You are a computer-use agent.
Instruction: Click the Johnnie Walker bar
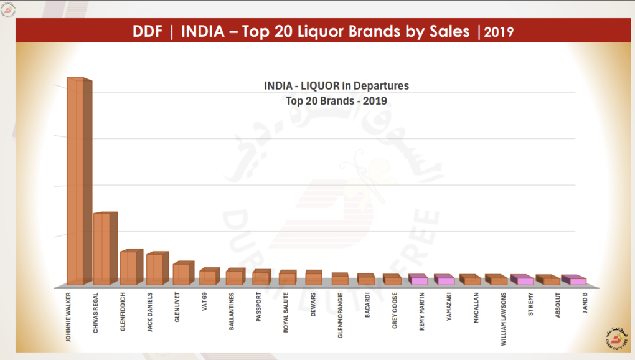(75, 181)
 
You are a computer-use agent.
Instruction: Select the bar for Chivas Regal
(101, 249)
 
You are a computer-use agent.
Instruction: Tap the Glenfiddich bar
(128, 268)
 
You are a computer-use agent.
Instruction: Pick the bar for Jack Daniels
(154, 269)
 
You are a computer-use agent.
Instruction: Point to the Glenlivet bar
(181, 274)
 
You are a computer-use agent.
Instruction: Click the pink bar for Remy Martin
(419, 281)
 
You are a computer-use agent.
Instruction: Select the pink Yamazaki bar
(445, 281)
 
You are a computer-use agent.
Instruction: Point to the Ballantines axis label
(232, 310)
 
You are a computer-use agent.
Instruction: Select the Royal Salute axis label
(285, 312)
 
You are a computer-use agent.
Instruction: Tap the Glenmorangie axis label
(340, 315)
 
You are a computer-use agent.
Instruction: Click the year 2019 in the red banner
(499, 32)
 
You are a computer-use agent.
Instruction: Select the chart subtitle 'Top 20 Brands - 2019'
(337, 100)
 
